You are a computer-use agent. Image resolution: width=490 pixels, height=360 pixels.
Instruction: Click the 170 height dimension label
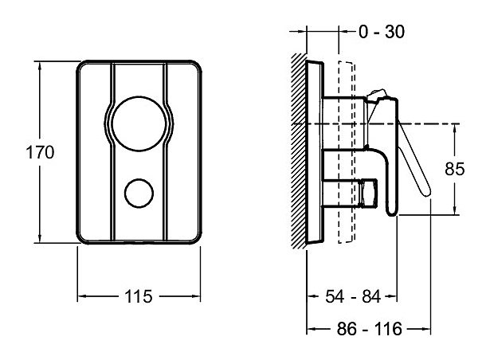40,152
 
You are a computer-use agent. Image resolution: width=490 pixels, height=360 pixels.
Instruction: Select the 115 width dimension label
138,296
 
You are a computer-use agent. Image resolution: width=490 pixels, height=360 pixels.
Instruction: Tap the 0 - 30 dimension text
382,32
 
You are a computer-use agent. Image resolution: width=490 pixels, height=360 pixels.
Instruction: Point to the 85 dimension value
455,169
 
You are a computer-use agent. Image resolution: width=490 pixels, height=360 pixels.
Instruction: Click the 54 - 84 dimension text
353,296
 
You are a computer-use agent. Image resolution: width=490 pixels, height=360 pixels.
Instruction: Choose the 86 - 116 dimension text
370,329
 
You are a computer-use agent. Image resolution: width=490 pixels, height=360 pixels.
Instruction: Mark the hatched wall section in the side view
299,151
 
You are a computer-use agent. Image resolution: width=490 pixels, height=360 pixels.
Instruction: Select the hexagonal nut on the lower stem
369,194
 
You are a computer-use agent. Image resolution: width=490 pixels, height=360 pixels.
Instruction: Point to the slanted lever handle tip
427,193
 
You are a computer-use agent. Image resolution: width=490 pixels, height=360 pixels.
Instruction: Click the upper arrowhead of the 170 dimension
40,66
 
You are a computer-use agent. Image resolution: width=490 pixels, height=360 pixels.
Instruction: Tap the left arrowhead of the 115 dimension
82,296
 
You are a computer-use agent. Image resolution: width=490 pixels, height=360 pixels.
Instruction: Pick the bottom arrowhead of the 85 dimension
455,210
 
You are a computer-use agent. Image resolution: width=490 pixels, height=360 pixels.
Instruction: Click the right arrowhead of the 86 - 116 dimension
426,329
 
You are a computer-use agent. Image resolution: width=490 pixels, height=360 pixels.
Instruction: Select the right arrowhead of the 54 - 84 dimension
393,296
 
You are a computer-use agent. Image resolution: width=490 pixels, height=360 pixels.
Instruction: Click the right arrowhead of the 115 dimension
196,296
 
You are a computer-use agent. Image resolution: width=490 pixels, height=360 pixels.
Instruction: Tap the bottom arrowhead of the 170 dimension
40,238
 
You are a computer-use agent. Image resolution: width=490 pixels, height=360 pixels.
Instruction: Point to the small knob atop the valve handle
377,95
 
